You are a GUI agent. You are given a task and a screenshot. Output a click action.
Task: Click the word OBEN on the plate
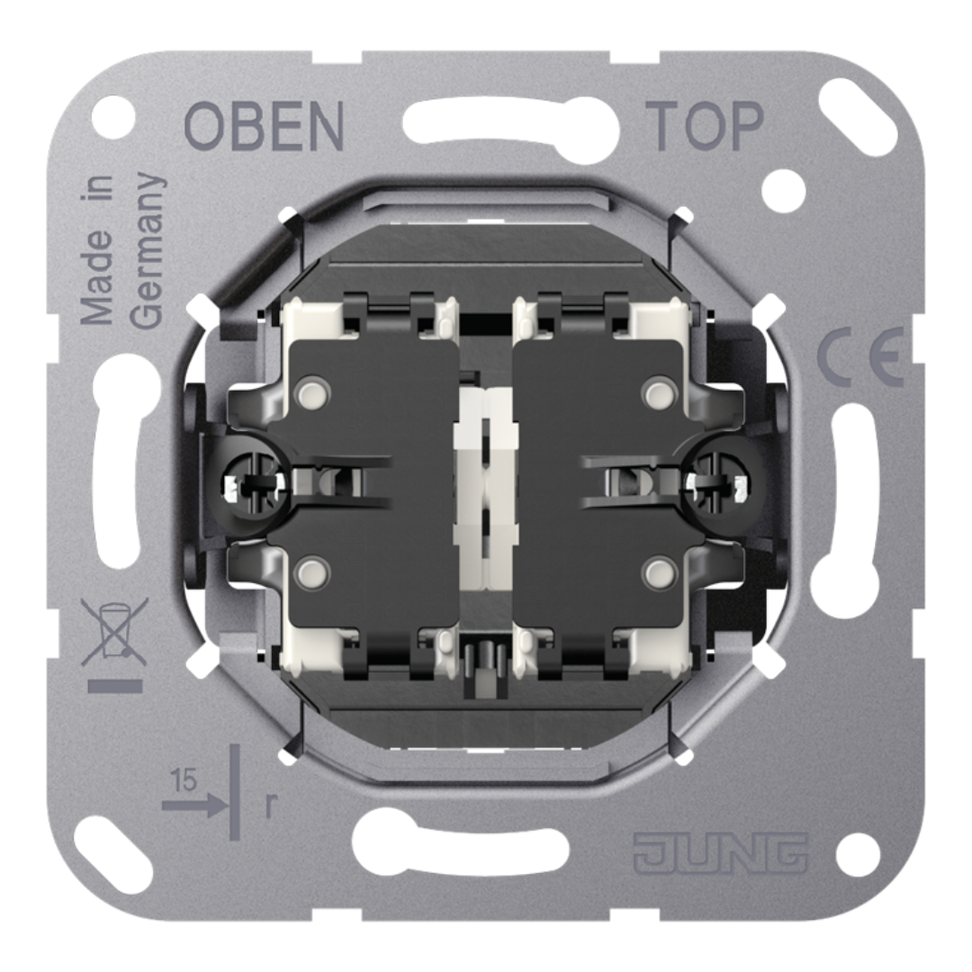(x=264, y=126)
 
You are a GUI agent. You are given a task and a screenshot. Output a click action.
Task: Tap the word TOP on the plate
(x=704, y=126)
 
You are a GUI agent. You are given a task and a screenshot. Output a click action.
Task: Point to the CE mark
(x=859, y=360)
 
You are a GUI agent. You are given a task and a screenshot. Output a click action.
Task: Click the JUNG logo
(x=720, y=853)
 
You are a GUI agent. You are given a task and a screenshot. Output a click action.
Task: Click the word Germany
(x=148, y=252)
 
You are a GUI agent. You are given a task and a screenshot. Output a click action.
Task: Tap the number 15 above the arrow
(x=184, y=781)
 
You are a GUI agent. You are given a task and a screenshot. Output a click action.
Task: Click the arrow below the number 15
(x=194, y=805)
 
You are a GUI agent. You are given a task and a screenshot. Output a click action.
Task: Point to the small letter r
(x=270, y=805)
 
